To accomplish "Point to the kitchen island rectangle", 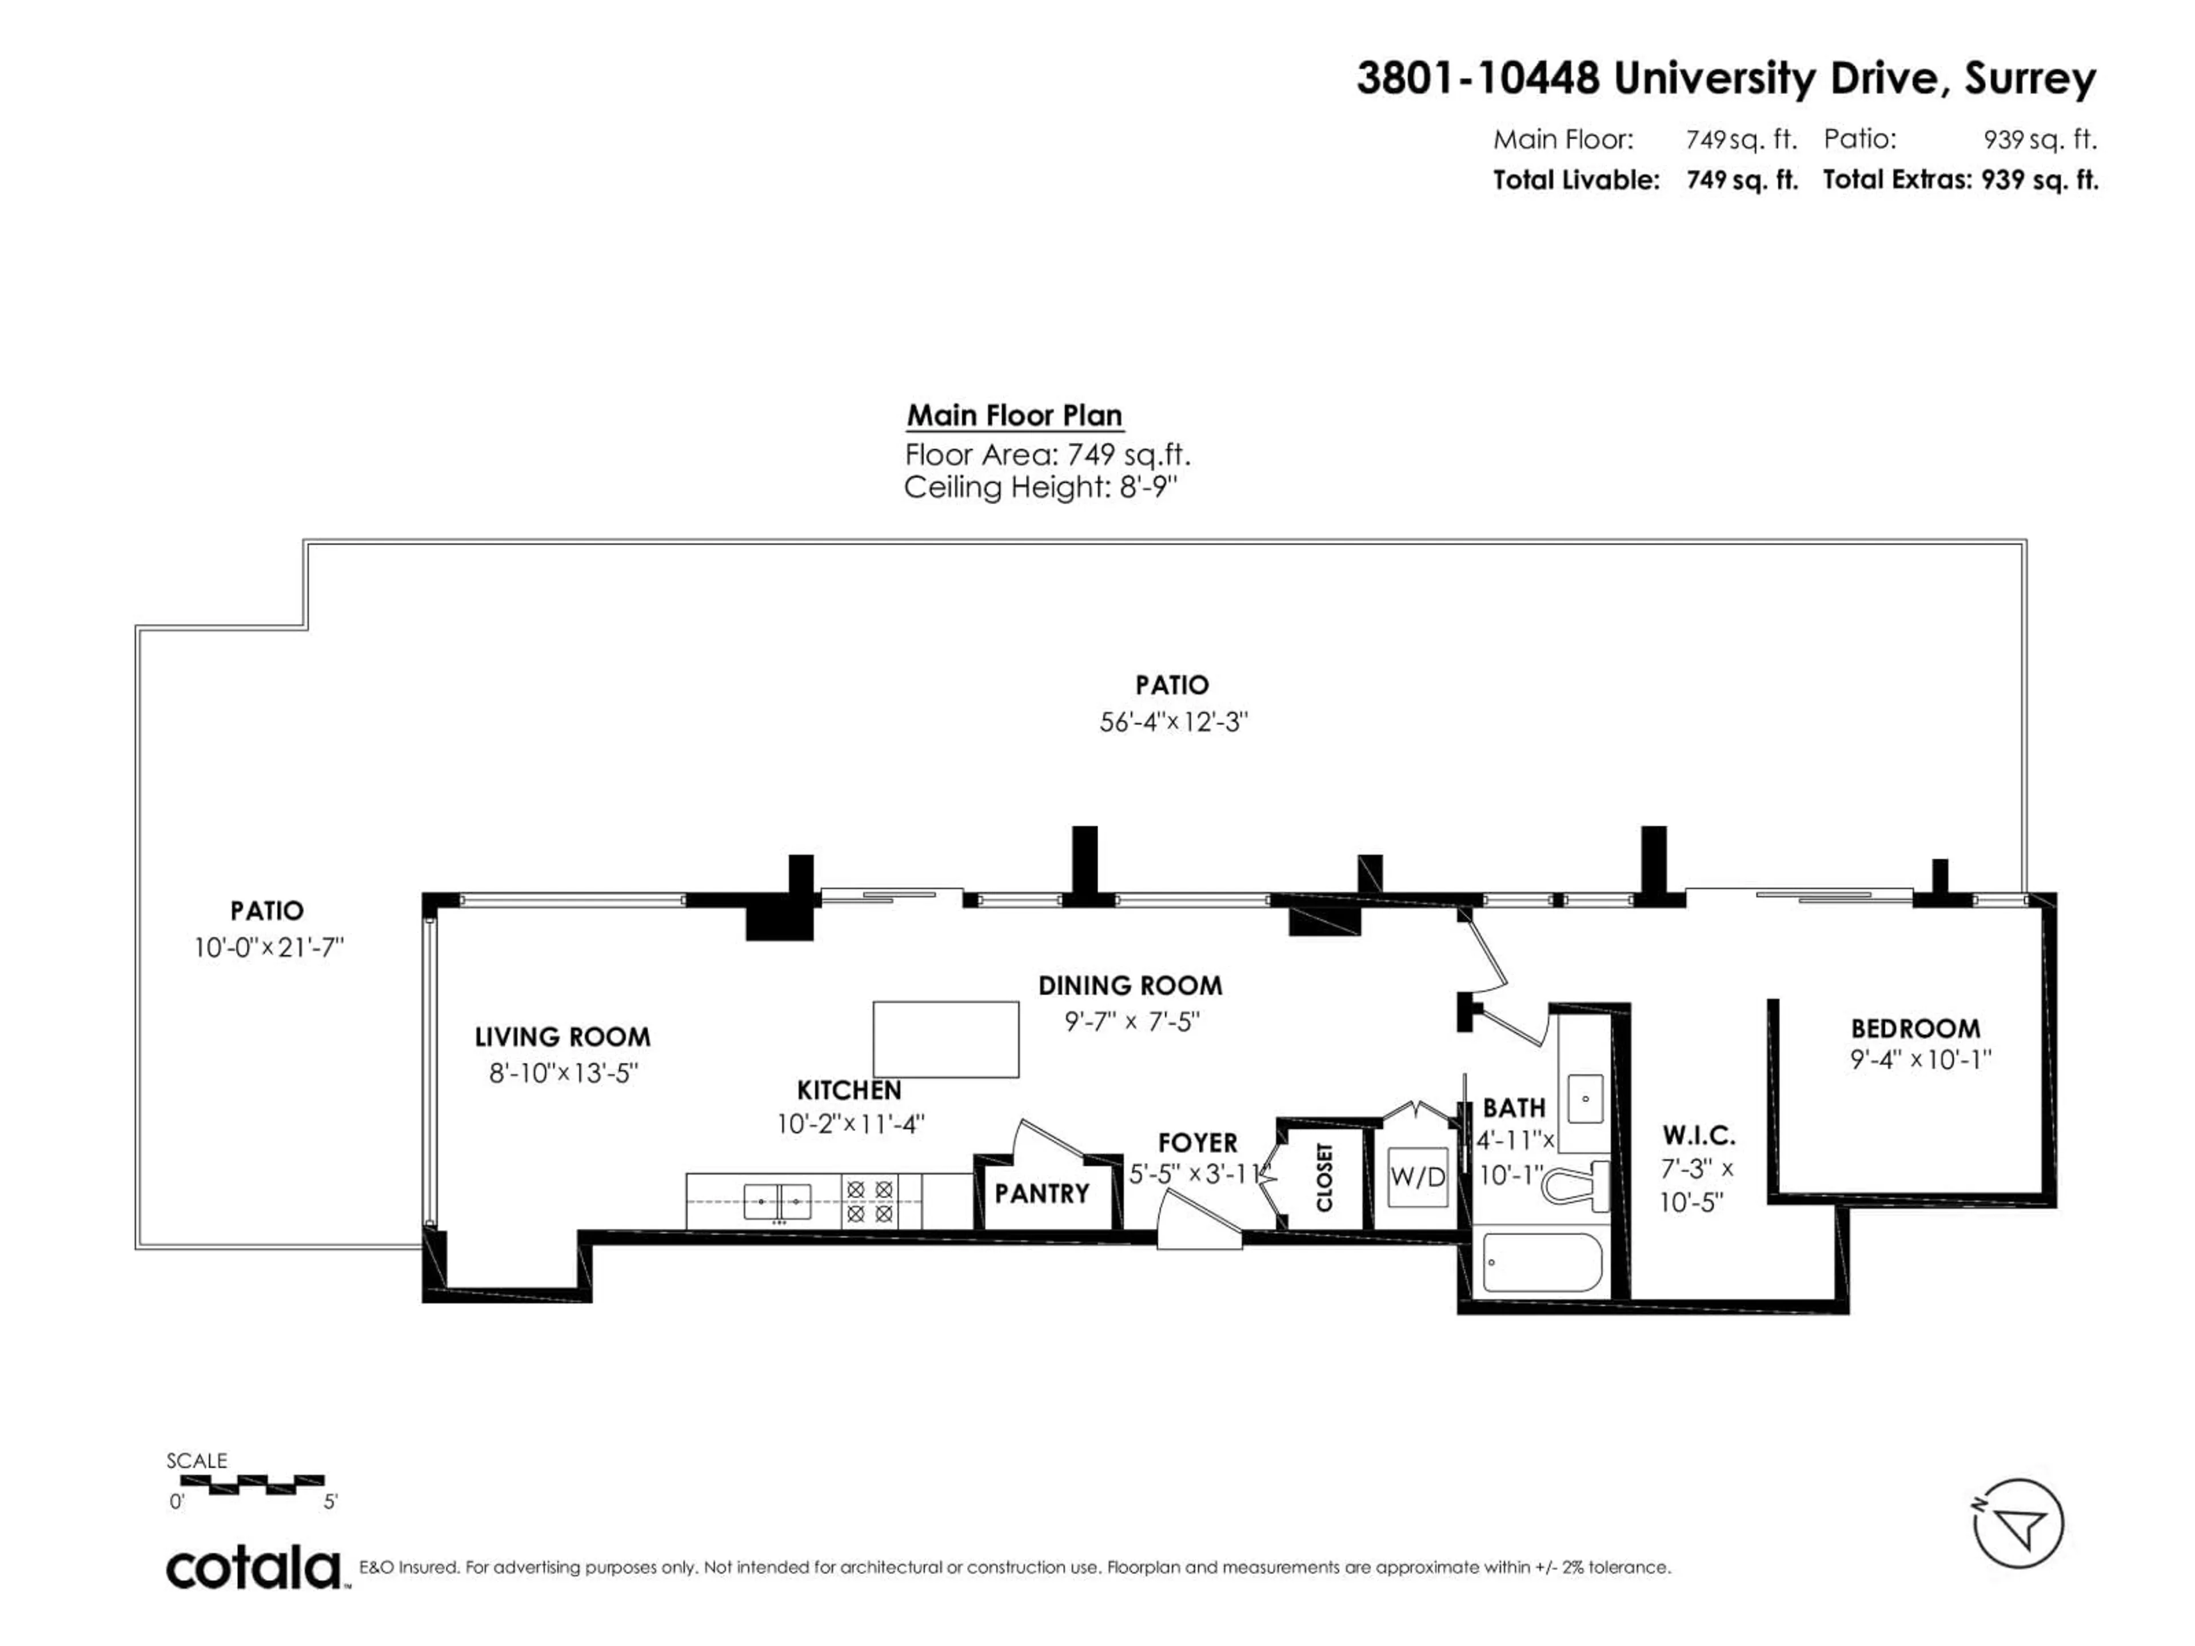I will (x=945, y=1039).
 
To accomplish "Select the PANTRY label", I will (x=1042, y=1193).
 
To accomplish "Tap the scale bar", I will (x=252, y=1483).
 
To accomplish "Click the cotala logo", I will (x=254, y=1569).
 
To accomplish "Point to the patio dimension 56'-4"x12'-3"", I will (x=1172, y=722).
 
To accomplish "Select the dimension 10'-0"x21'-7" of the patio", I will (x=268, y=948).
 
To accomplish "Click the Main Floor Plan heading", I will (x=1014, y=415).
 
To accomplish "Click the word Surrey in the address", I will (x=2030, y=78).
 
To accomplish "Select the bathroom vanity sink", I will (x=1585, y=1098).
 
